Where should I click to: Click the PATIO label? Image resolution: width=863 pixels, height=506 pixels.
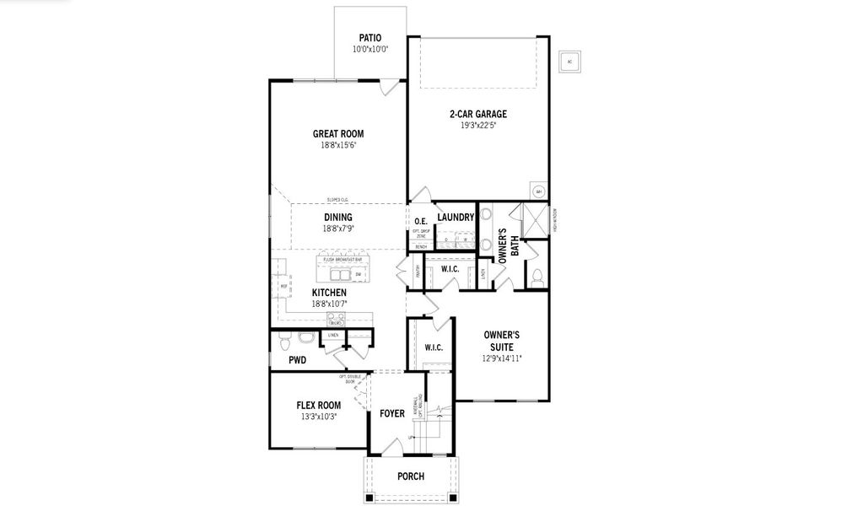(369, 38)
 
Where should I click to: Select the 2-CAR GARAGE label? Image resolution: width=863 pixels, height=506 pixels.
(477, 114)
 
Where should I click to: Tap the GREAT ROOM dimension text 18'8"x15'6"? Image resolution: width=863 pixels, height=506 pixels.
(337, 145)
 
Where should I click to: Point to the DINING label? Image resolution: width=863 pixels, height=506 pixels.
(337, 217)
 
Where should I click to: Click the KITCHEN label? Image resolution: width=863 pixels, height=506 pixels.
(329, 293)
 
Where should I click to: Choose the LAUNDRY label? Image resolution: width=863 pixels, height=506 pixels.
(456, 218)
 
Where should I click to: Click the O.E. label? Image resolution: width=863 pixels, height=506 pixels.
(420, 221)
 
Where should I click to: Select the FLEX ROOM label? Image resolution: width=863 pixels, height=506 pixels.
(318, 405)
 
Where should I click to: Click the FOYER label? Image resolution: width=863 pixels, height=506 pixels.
(391, 413)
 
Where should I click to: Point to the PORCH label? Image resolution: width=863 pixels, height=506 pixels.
(411, 476)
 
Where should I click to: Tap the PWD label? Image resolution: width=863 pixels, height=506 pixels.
(297, 360)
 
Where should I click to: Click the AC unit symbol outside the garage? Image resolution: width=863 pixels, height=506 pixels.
(569, 62)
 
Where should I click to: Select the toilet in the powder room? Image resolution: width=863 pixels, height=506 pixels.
(284, 342)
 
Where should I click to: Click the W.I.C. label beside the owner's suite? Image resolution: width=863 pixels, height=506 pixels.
(434, 347)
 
